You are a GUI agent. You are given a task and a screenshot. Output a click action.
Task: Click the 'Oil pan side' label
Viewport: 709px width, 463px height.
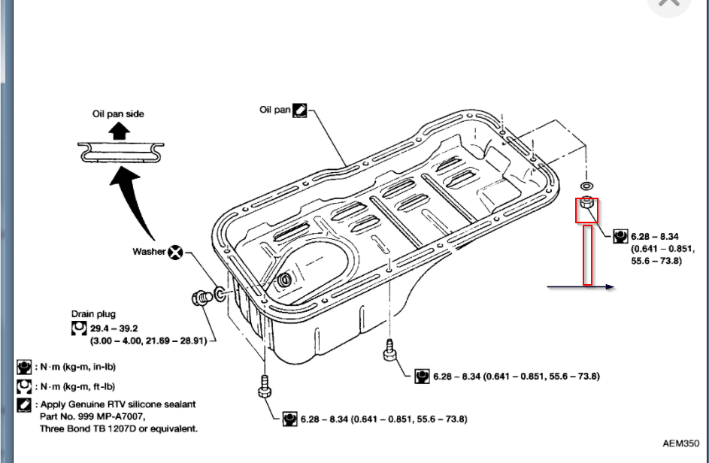click(x=117, y=113)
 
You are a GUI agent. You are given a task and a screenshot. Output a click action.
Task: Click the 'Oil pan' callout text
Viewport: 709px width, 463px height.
click(x=274, y=110)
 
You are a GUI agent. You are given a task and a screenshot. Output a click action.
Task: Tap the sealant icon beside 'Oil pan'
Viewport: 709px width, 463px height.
click(x=299, y=110)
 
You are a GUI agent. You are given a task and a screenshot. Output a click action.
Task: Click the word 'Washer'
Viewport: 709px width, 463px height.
click(x=148, y=252)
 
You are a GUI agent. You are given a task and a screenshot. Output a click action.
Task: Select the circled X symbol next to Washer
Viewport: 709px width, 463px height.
click(x=175, y=253)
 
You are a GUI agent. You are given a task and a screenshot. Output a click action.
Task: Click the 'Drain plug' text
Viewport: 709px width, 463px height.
click(x=93, y=314)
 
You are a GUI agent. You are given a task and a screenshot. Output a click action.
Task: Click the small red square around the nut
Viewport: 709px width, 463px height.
click(x=587, y=210)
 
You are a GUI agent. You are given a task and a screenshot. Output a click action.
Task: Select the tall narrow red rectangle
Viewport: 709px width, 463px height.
click(x=587, y=255)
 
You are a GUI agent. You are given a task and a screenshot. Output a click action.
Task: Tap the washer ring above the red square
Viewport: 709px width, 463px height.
click(x=586, y=184)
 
